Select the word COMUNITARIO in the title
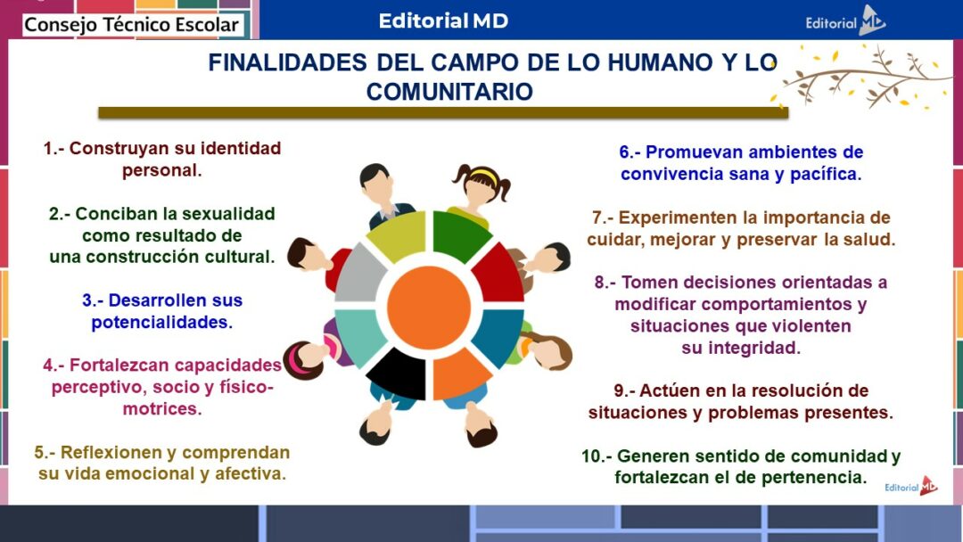(449, 91)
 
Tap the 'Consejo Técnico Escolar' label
(131, 25)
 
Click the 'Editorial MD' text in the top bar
(443, 21)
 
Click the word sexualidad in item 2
(227, 214)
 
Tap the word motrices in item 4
(162, 409)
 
